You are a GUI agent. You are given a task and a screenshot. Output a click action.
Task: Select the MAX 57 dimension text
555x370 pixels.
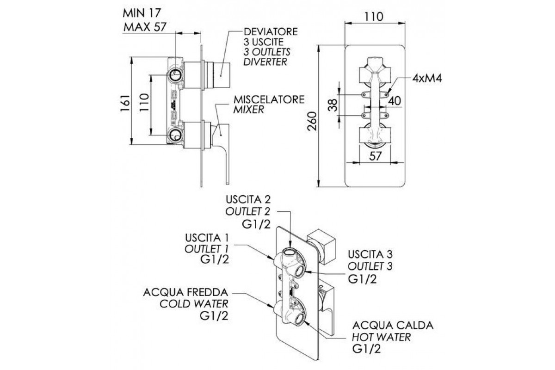point(144,28)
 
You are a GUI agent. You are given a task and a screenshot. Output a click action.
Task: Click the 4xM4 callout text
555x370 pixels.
point(428,78)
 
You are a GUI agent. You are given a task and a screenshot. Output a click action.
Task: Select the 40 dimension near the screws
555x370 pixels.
point(395,100)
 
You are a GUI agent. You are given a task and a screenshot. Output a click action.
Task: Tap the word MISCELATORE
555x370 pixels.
point(269,99)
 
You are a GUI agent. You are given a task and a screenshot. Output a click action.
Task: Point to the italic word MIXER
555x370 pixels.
point(248,110)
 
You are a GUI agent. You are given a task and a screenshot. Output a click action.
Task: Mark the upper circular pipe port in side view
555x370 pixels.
point(176,75)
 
